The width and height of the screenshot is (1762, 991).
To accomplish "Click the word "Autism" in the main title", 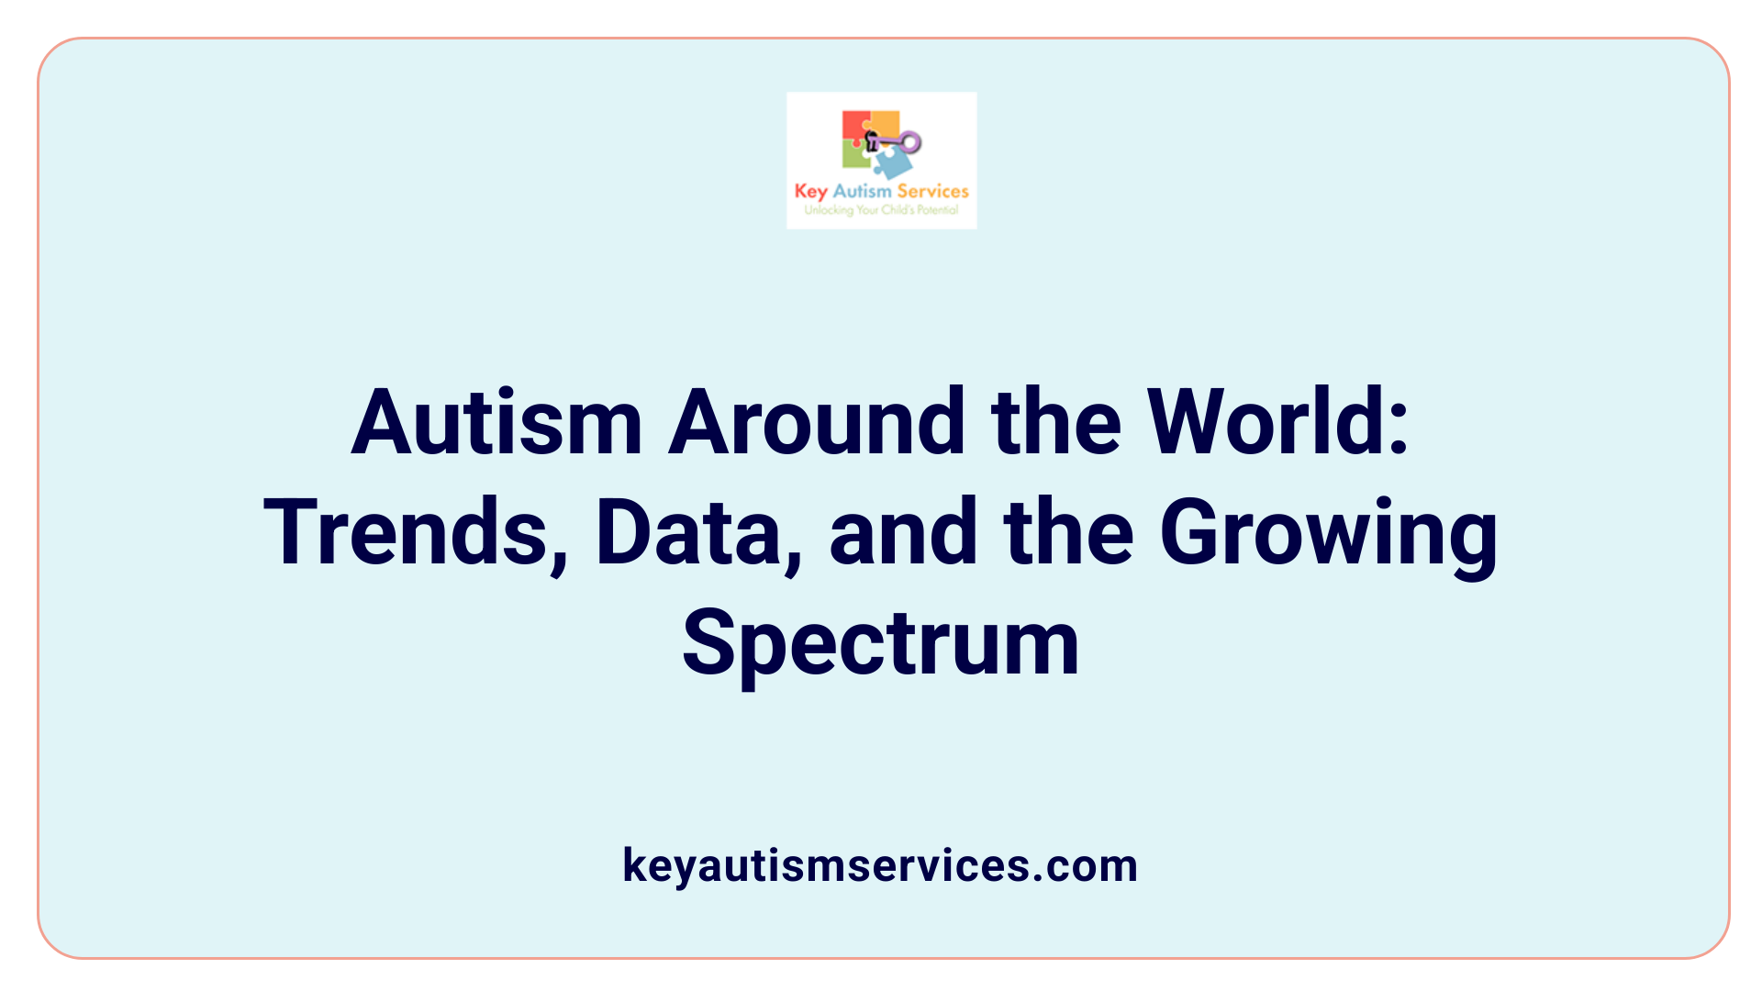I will coord(496,423).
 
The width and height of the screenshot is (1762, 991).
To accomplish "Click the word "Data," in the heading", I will coord(698,533).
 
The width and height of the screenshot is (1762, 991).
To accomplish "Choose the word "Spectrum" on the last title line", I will coord(880,645).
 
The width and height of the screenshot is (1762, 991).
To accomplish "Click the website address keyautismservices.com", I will coord(880,865).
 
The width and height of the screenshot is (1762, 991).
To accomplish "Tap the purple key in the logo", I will coord(898,142).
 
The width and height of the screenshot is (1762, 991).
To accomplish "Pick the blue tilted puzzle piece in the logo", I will coord(893,164).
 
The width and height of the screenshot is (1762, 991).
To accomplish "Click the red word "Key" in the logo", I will coord(810,192).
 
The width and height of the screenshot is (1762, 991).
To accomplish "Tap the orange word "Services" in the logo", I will coord(932,191).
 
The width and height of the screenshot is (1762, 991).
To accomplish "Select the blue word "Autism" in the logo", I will coord(862,191).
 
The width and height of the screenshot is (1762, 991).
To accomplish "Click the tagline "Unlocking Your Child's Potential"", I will coord(881,210).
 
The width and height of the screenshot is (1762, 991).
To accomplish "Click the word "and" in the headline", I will coord(903,533).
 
